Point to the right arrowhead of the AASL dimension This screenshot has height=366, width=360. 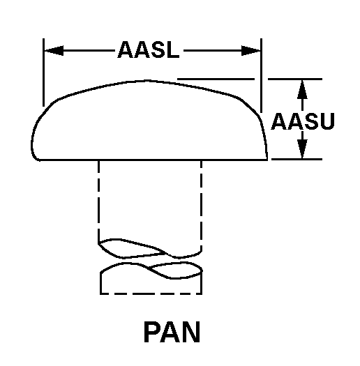click(x=251, y=50)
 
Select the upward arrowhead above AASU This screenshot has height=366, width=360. click(x=302, y=87)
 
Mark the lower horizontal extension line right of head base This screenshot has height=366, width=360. click(x=297, y=160)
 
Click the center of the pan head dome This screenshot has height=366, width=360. click(x=150, y=122)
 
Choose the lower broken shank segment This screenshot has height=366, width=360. click(x=150, y=279)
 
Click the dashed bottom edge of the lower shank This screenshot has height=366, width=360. click(x=150, y=293)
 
